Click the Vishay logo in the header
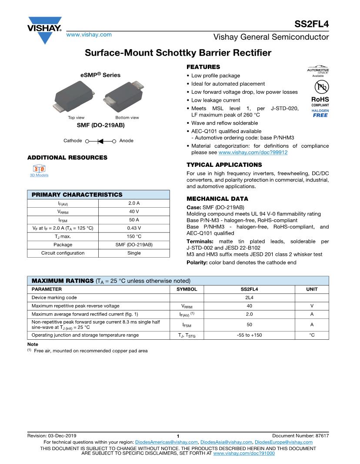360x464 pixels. (45, 30)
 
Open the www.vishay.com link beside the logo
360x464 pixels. (89, 34)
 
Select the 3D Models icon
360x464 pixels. (39, 168)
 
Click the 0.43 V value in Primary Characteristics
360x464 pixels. (134, 228)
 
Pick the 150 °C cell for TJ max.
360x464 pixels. (134, 236)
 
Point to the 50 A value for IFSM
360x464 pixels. (134, 220)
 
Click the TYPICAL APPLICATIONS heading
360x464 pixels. (224, 165)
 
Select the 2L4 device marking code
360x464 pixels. (249, 297)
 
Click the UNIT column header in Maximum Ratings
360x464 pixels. (312, 289)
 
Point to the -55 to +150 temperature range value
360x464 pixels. (249, 335)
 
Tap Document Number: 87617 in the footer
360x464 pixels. (300, 435)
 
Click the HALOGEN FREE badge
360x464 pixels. (320, 113)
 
